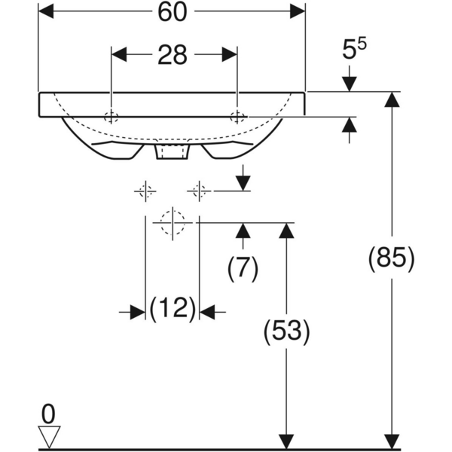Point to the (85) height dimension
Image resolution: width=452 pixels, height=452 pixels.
390,258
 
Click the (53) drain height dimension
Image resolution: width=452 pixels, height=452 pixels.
286,331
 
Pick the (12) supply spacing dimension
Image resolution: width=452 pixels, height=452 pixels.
173,309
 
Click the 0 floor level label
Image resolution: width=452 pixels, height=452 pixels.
49,413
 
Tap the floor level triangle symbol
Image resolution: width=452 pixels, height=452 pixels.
49,436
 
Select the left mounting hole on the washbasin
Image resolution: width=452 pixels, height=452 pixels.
111,117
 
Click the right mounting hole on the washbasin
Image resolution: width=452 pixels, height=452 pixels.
237,117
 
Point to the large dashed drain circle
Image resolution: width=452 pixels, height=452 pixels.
172,222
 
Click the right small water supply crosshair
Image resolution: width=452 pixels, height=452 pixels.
199,191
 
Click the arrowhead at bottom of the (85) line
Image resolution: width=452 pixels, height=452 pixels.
390,441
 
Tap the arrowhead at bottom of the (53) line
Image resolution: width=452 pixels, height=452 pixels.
286,441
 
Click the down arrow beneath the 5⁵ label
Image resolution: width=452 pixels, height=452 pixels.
349,83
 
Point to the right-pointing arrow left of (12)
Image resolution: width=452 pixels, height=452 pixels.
136,311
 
